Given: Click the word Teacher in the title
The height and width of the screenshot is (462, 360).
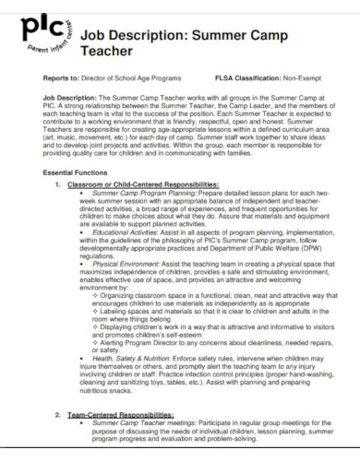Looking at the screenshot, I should click(110, 53).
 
